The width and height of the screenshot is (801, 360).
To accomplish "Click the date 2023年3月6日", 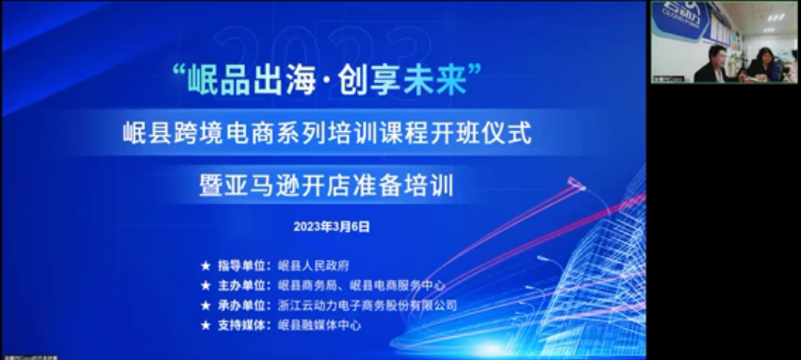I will point(332,227).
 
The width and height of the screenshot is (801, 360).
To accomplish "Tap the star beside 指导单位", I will point(205,266).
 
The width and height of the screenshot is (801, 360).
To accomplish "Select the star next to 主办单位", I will point(205,285).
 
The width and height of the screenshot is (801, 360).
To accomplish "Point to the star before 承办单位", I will point(205,305).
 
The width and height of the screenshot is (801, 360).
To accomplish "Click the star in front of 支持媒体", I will point(205,325).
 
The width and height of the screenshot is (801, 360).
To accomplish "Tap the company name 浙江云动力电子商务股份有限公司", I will point(368,305).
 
